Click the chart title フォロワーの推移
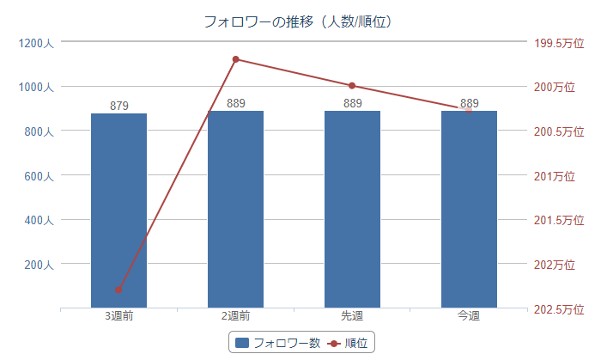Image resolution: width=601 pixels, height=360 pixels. coord(300,21)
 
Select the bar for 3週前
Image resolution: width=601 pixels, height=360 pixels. coord(118,211)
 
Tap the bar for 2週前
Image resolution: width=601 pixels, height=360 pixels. coord(235,209)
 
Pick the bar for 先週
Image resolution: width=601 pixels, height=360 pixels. coord(352,209)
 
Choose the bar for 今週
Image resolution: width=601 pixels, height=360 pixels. coord(469,209)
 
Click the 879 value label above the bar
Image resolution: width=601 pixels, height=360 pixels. coord(119,106)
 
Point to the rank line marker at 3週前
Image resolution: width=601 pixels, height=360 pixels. coord(118,290)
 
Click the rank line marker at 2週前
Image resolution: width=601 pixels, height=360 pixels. coord(235,59)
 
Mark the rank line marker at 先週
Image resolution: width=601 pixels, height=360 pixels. coord(352,86)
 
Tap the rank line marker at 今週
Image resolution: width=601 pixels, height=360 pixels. coord(469,109)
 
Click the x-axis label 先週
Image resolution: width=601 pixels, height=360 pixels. coord(352,316)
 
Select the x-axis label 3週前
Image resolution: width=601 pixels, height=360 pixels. coord(118,316)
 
